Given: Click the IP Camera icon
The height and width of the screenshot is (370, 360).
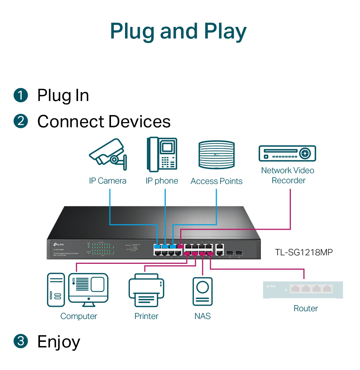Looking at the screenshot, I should (x=108, y=154).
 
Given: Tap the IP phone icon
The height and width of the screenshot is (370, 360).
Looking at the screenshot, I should (x=162, y=155).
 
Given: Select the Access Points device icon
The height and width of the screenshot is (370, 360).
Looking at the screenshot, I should (x=216, y=156).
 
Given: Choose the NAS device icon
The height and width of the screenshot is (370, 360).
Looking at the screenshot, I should (x=202, y=292).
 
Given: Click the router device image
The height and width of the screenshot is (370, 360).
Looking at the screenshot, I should (x=303, y=290).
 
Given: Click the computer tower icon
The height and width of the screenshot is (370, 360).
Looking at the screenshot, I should (x=56, y=290).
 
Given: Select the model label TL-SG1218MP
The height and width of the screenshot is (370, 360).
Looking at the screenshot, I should (x=304, y=253).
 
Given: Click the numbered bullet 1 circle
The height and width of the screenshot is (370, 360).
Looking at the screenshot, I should (x=21, y=95).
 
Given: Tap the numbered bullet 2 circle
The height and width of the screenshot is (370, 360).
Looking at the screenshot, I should (x=21, y=121).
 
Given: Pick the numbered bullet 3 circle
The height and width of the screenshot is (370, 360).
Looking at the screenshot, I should (x=21, y=341).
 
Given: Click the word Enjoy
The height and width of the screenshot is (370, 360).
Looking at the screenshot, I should (x=58, y=342).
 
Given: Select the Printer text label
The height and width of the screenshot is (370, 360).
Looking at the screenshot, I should (x=146, y=316).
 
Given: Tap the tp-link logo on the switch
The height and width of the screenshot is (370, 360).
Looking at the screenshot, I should (x=55, y=244).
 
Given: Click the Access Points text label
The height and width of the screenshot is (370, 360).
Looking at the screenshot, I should (x=216, y=181).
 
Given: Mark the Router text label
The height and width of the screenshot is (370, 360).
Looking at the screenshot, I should (x=306, y=309).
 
